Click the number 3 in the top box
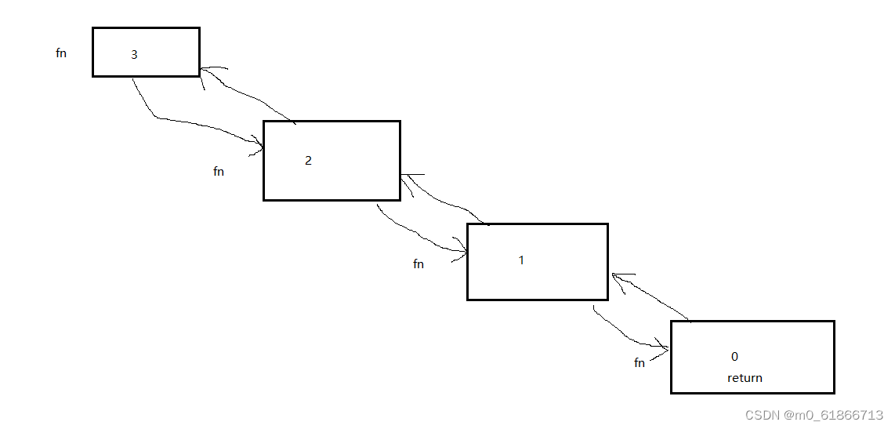tap(134, 55)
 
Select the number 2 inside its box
tap(308, 161)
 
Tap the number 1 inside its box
tap(521, 260)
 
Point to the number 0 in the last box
tap(734, 356)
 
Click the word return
tap(745, 377)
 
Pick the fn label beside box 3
tap(61, 53)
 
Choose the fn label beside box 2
tap(219, 172)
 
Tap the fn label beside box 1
tap(419, 264)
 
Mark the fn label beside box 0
tap(640, 363)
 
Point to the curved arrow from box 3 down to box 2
tap(188, 122)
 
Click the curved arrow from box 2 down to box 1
tap(417, 233)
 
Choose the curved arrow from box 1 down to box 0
tap(625, 336)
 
